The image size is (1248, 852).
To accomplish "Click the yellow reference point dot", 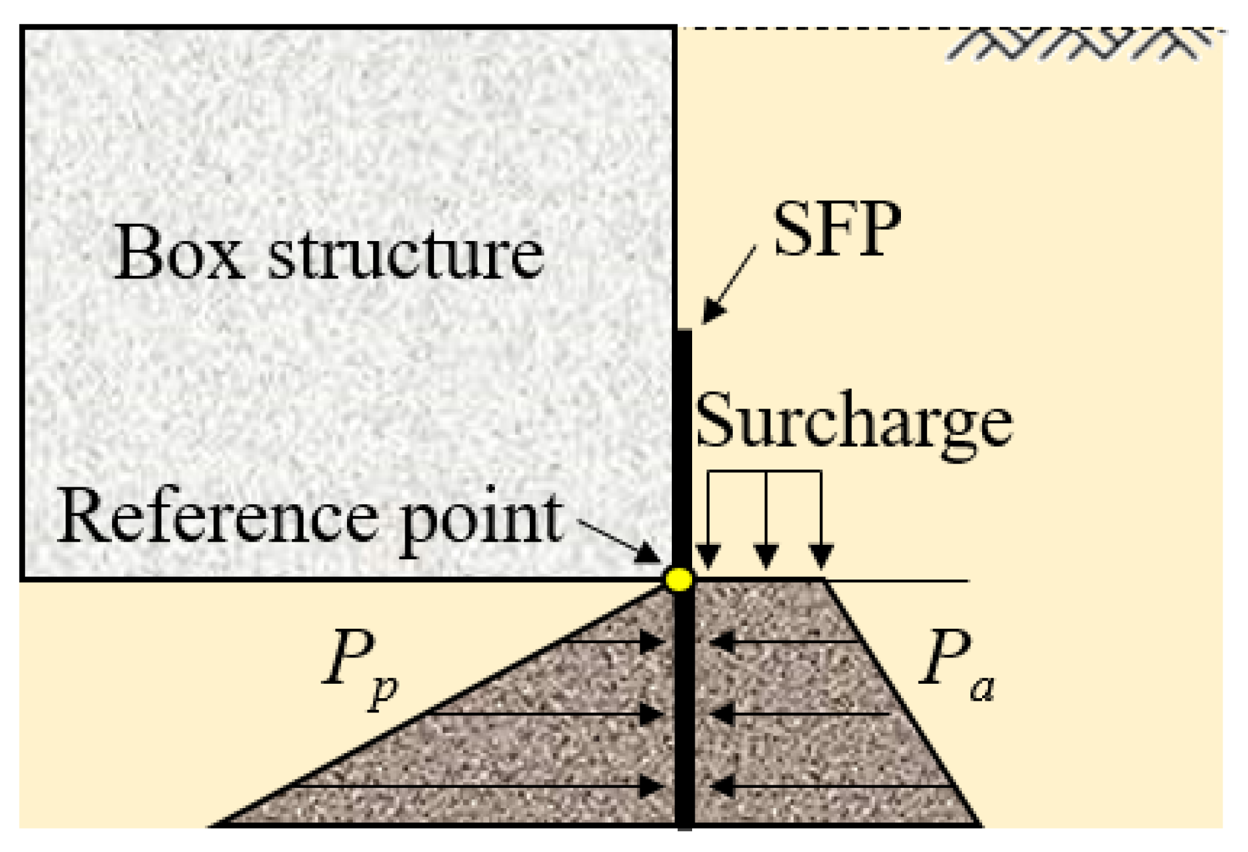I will click(678, 579).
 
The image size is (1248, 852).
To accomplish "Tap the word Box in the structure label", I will click(178, 253).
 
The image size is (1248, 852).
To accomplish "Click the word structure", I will click(406, 255).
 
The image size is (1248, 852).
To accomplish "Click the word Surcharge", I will click(853, 422).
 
